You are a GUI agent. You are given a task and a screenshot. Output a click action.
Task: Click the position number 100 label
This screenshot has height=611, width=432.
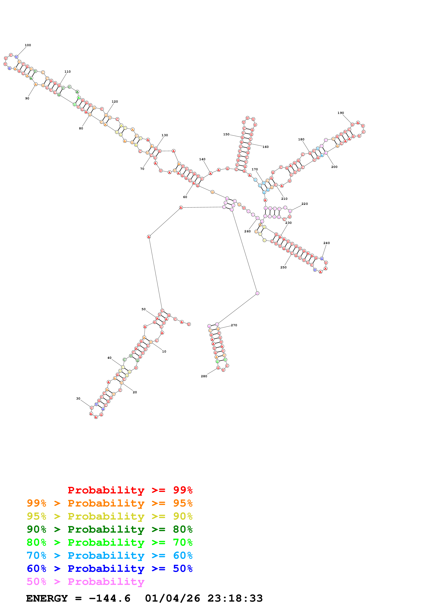point(28,45)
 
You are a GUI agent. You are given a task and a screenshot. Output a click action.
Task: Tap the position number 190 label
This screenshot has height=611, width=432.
point(341,113)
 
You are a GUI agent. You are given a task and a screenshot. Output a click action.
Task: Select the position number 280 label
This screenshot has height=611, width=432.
point(204,376)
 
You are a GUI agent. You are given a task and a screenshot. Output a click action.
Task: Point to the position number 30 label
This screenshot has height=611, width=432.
point(78,398)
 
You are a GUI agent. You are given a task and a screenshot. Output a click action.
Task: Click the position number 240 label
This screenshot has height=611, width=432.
point(326,243)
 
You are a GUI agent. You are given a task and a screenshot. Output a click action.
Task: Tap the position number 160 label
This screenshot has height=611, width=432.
point(265,147)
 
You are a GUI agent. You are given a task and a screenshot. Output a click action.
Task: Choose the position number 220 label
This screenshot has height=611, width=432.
point(304,204)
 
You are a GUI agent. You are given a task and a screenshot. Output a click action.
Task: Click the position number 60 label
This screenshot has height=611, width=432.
point(185,197)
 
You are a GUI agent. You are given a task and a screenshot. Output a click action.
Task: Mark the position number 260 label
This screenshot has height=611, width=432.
point(247,231)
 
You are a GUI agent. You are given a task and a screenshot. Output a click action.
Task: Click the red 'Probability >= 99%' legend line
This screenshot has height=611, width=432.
point(130,490)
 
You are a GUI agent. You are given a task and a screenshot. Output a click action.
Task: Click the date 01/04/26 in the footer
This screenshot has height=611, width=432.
point(172,598)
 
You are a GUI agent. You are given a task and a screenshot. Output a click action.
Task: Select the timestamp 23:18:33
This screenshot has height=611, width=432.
point(235,598)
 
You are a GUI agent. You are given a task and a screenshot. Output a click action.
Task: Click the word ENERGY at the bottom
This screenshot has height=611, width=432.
point(47,598)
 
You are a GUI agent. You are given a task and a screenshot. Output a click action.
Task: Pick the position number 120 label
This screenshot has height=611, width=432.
point(115,101)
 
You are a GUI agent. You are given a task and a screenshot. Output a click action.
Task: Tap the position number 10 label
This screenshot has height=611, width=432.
point(164,351)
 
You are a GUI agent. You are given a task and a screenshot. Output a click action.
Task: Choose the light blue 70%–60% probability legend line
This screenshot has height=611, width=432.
point(109,555)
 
